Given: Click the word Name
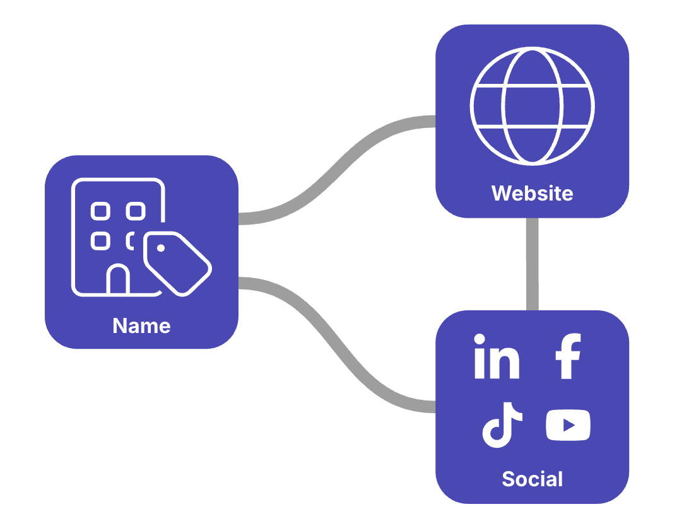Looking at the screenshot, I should [141, 326].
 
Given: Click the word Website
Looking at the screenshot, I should [532, 193].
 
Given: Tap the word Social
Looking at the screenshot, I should [532, 479].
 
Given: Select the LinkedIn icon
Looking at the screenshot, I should [497, 357].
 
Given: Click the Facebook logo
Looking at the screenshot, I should [567, 357].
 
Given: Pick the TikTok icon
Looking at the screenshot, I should [502, 424].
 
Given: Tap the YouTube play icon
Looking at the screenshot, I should [568, 425].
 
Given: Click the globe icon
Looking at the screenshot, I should [532, 107].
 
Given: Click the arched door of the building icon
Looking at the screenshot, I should [118, 281].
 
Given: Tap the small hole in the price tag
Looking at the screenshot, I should [161, 248].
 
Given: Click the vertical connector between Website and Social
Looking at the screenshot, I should [532, 264].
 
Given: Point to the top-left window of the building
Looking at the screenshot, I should [100, 211].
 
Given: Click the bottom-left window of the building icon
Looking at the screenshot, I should [100, 240].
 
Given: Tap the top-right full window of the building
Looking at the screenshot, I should [135, 211].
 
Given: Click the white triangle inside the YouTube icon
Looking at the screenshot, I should [569, 425].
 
